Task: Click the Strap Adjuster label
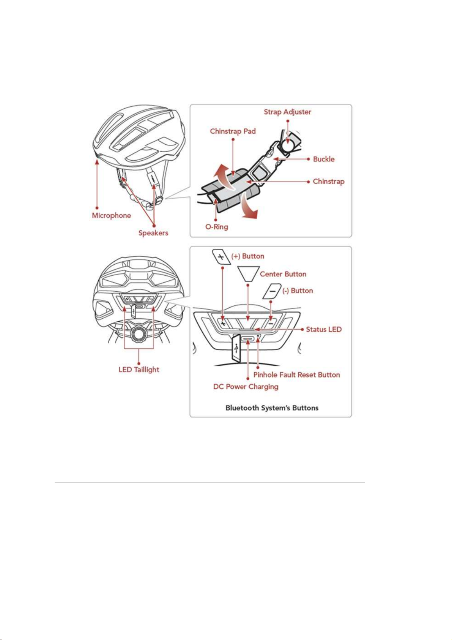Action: point(287,112)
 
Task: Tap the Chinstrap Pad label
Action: point(233,131)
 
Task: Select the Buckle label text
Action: point(324,159)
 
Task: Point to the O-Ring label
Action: point(217,227)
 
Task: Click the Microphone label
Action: point(111,215)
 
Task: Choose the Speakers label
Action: point(153,233)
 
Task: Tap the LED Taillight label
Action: point(139,369)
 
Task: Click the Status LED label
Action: point(324,329)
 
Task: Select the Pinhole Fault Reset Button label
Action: point(296,375)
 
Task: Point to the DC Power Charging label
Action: point(246,387)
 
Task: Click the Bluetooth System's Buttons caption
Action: point(272,408)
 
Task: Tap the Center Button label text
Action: point(283,274)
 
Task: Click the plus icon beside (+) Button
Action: point(221,257)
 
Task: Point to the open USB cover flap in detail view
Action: point(236,348)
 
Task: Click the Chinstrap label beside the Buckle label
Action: point(329,181)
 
